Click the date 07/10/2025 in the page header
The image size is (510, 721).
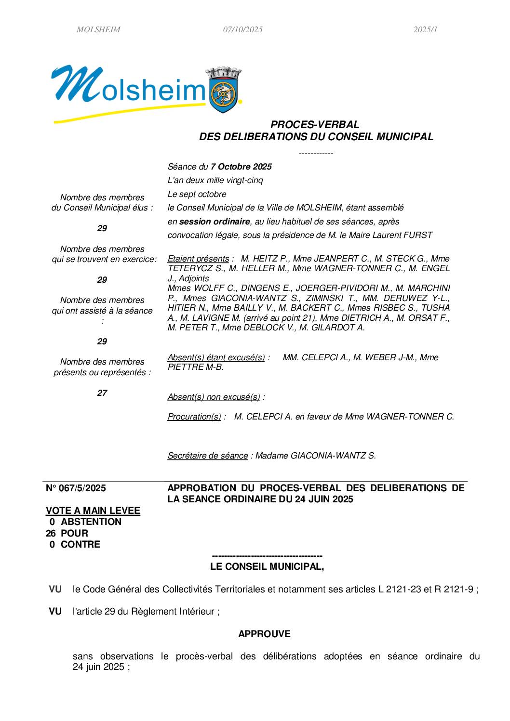(242, 29)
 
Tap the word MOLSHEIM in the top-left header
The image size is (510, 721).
(98, 29)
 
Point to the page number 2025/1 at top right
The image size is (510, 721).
(425, 29)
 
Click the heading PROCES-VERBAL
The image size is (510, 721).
(315, 125)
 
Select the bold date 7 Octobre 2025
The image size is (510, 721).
(241, 167)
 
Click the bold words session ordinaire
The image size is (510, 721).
(215, 222)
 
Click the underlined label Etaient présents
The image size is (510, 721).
(198, 259)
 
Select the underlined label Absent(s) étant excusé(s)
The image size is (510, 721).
(216, 357)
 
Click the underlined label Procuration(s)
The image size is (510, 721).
(194, 417)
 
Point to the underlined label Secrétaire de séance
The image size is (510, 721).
(207, 456)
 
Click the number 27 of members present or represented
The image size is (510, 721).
(102, 393)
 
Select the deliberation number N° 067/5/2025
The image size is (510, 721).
(76, 488)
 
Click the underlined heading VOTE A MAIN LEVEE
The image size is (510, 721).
(93, 511)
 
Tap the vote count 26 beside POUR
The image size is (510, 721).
(51, 533)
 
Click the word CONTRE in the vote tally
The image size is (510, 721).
(81, 544)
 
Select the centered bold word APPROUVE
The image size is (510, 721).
(264, 634)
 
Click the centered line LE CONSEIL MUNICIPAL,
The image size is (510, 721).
(267, 566)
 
